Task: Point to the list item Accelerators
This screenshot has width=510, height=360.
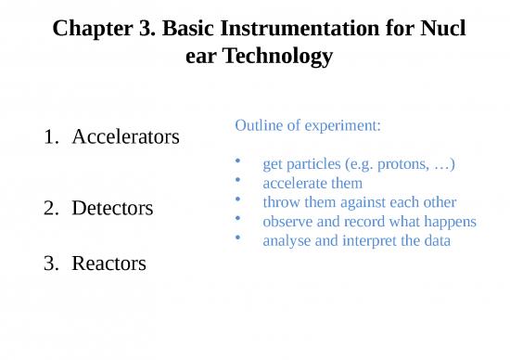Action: click(126, 137)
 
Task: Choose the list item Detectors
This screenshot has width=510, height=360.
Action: click(112, 207)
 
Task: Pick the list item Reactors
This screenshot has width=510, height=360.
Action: click(108, 264)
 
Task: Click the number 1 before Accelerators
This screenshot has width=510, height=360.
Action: click(49, 137)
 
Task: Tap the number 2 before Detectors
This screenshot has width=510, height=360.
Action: click(49, 207)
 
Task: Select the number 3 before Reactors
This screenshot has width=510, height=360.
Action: click(49, 264)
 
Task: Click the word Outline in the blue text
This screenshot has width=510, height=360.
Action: click(260, 124)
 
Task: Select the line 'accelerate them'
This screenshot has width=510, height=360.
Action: click(312, 184)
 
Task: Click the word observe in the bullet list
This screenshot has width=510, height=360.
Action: click(288, 222)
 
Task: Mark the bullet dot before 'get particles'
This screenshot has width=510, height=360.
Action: click(240, 162)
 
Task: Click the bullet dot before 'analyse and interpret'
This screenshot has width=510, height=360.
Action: click(240, 238)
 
